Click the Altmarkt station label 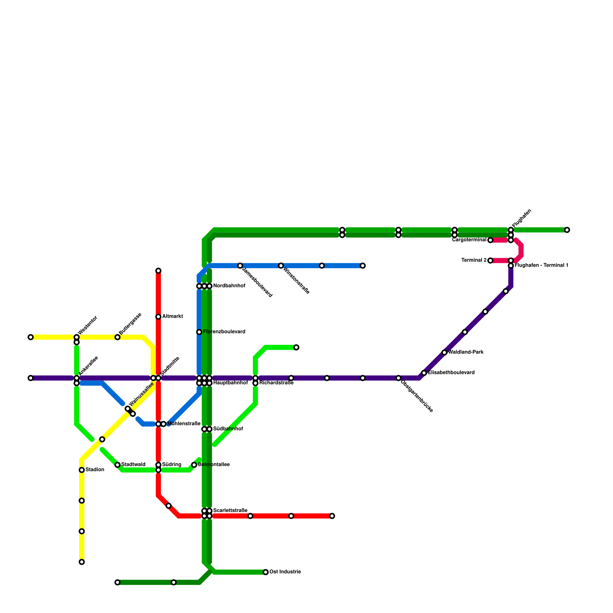coord(172,316)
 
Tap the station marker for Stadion coord(82,470)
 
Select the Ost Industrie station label coord(285,572)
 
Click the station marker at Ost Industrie coord(266,572)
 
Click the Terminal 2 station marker coord(490,261)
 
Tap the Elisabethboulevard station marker coord(424,373)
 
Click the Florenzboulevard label coord(224,332)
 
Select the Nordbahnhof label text coord(229,286)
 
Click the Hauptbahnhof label coord(230,383)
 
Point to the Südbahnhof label coord(228,429)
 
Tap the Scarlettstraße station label coord(230,510)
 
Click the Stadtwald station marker coord(118,465)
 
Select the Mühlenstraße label coord(184,424)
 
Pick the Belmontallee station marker coord(194,465)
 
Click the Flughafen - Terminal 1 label coord(541,266)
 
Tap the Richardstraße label coord(276,383)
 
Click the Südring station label coord(172,465)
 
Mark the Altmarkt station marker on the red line coord(158,316)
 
